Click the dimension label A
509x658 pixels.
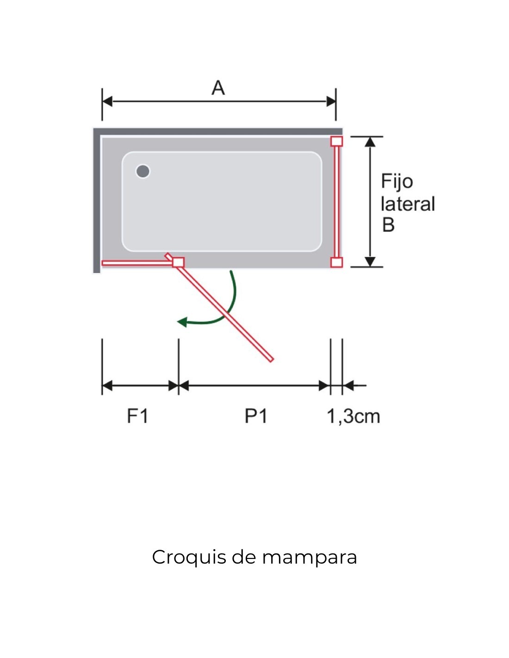pos(218,87)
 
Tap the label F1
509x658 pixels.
pos(137,416)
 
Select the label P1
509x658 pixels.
pos(256,416)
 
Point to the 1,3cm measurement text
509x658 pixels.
pos(353,416)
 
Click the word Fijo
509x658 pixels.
pos(397,181)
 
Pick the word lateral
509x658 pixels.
pos(408,204)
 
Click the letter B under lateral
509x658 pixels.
pos(388,225)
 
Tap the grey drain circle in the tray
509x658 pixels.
pos(143,171)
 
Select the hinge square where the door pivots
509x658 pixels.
pos(178,262)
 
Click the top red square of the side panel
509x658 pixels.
pos(337,141)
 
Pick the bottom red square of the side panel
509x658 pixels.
pos(337,262)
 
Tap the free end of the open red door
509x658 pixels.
pos(271,359)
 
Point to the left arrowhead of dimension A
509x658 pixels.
pos(107,101)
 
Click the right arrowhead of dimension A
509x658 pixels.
pos(331,101)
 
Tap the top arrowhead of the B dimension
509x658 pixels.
pos(370,142)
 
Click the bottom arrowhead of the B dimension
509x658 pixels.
pos(370,262)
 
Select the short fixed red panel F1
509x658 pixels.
pos(137,263)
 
